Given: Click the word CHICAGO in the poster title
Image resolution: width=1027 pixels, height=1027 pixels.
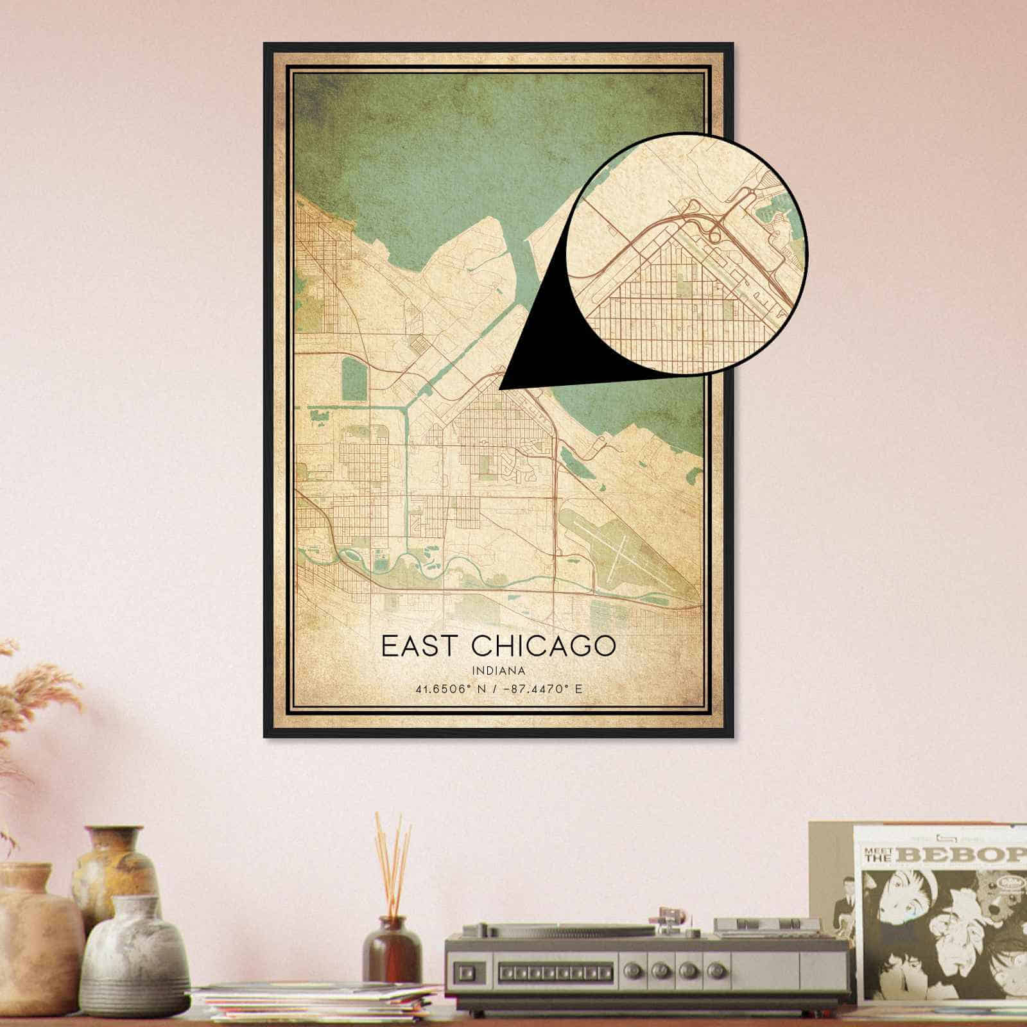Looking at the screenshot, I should coord(542,646).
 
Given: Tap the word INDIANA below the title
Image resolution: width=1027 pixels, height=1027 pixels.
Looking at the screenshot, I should coord(499,671).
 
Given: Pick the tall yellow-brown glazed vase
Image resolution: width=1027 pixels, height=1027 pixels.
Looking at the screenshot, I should coord(116,870).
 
